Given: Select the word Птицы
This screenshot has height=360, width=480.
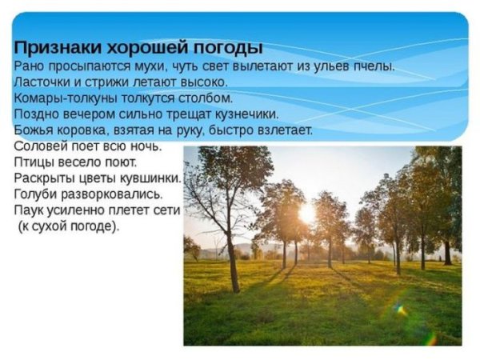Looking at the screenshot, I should [34, 162].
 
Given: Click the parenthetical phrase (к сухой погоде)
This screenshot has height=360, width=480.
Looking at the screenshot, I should [68, 226].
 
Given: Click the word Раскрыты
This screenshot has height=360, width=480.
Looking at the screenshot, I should [46, 178].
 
